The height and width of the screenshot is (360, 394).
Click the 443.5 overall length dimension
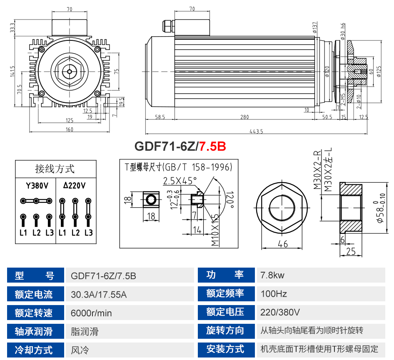(x=257, y=131)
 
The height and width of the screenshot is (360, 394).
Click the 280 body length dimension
(x=244, y=117)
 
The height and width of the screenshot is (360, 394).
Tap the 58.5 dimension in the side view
(x=160, y=117)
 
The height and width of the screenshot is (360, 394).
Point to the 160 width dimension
(x=69, y=129)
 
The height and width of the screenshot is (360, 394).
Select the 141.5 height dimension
(x=13, y=72)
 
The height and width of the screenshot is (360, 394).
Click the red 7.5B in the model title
(x=212, y=146)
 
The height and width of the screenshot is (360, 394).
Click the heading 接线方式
(x=55, y=169)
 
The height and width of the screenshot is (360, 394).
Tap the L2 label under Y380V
(x=36, y=232)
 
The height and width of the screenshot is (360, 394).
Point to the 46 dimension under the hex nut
(x=283, y=244)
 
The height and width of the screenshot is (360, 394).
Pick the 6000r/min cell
(x=91, y=313)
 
